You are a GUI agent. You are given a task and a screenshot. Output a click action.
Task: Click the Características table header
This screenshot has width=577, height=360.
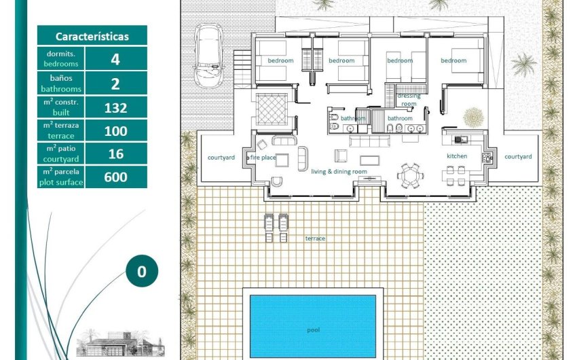pos(92,36)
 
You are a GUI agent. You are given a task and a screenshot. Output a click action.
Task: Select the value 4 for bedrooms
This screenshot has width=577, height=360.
pos(115,59)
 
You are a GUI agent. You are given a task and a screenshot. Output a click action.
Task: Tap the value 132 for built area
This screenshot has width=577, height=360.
pos(115,107)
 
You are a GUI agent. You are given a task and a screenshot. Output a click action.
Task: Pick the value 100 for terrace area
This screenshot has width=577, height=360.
pos(115,130)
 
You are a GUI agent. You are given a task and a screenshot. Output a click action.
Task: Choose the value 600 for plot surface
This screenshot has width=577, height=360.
pos(115,177)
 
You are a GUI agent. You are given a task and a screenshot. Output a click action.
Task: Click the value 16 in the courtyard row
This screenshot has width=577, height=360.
pos(115,154)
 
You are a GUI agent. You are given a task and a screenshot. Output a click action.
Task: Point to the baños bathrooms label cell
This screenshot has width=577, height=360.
pos(60,84)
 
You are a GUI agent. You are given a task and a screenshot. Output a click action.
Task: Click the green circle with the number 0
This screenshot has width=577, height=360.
pos(141,272)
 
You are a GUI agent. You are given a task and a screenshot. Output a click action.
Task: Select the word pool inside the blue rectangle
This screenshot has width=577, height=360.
pos(313,330)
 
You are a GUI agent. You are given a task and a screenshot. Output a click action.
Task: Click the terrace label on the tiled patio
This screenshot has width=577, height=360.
pos(315,238)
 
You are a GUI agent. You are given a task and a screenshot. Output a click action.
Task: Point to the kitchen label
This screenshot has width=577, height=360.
pos(457,156)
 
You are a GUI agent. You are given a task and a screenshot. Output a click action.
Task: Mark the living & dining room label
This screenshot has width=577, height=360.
pos(339,172)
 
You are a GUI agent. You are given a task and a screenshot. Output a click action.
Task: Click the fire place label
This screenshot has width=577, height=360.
pos(262,158)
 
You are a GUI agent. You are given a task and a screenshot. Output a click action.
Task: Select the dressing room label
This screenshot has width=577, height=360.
pos(409,100)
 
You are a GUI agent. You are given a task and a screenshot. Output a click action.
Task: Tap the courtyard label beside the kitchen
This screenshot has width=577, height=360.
pos(518,156)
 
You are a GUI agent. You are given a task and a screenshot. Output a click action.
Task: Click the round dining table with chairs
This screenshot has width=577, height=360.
pos(410,176)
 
